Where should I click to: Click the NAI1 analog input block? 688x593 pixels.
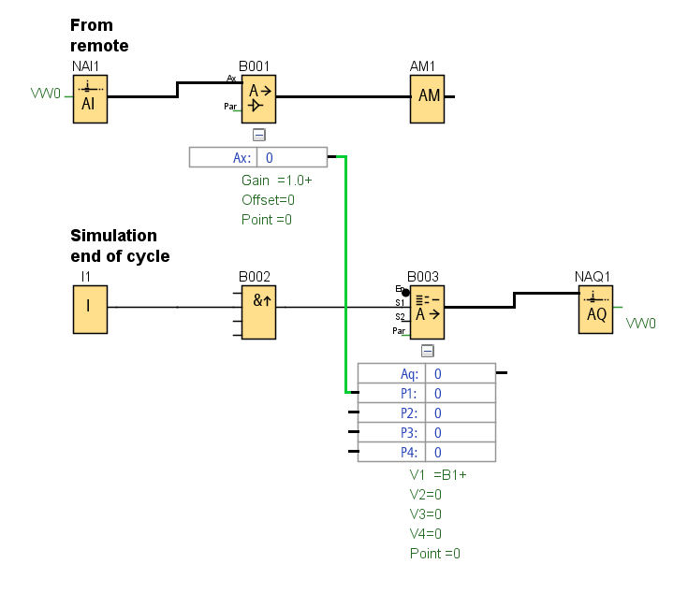click(89, 98)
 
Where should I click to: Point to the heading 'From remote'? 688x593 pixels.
click(99, 36)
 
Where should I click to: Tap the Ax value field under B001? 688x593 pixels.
click(291, 157)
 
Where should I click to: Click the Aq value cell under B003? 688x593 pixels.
click(460, 373)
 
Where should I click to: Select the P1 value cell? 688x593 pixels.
click(460, 394)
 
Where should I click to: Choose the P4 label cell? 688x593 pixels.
click(392, 452)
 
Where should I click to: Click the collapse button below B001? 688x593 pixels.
click(259, 135)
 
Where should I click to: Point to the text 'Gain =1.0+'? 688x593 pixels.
click(276, 180)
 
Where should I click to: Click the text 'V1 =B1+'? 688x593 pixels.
click(437, 474)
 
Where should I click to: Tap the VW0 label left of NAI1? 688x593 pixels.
click(45, 94)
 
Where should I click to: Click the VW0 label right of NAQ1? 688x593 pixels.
click(641, 324)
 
